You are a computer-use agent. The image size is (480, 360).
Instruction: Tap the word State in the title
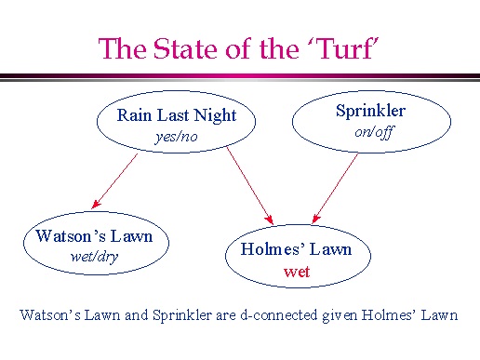coord(185,48)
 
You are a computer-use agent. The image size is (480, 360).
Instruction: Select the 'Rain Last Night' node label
coord(177,115)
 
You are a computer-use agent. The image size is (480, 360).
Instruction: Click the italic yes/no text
coord(176,137)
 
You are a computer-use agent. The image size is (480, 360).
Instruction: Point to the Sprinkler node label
coord(370,111)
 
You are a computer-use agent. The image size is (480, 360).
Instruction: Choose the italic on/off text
coord(374,132)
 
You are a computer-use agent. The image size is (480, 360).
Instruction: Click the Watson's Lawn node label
coord(94,236)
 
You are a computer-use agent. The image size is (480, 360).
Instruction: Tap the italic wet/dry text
coord(94,257)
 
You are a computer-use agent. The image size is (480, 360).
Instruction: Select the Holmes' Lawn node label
coord(296,249)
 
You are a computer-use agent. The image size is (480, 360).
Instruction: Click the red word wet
coord(297,272)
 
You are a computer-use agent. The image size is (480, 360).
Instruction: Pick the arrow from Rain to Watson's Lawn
coord(114,181)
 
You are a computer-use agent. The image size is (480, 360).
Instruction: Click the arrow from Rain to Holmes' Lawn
coord(250,185)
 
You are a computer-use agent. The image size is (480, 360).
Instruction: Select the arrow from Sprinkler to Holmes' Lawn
coord(335,188)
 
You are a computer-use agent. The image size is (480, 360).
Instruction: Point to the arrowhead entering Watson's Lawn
coord(95,205)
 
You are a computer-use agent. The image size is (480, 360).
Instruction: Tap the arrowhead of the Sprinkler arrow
coord(315,219)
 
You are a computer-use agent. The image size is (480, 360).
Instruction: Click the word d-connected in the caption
coord(279,315)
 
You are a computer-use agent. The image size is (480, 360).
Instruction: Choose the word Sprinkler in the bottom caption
coord(182,315)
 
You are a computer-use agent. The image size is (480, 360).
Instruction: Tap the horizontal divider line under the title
coord(240,77)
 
